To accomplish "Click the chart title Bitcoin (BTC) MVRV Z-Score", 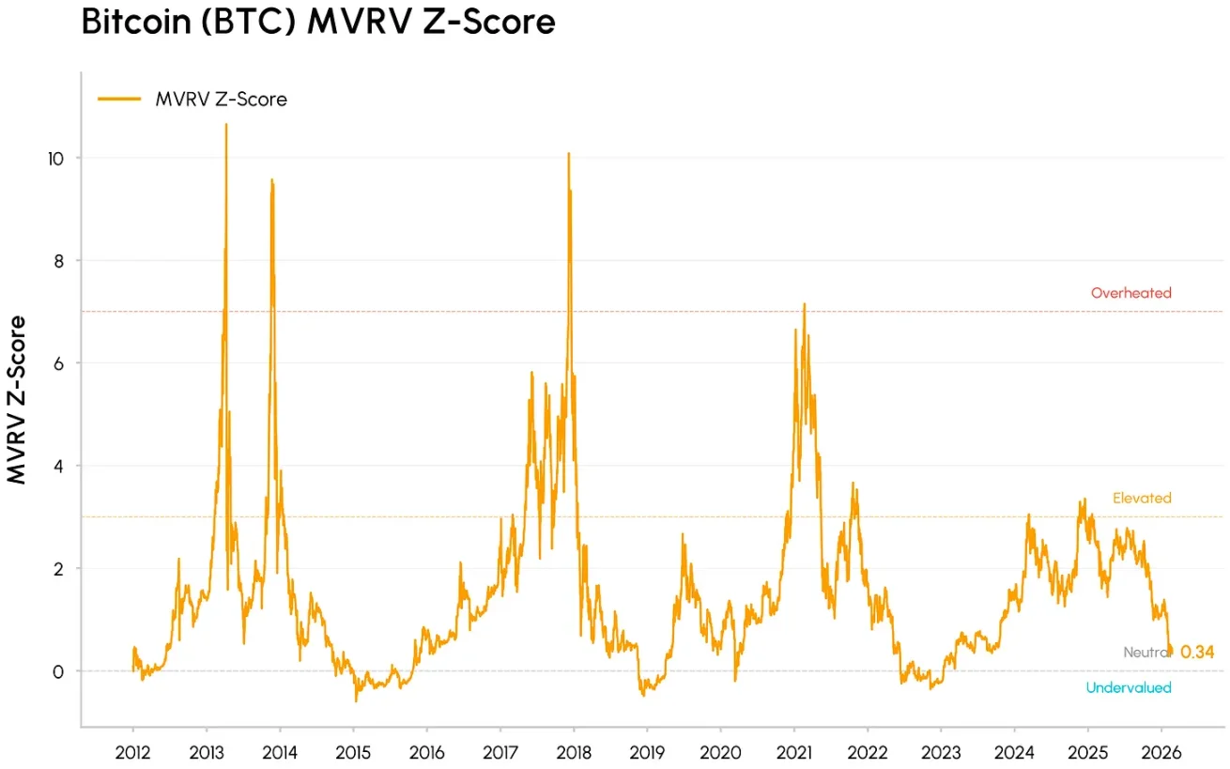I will pyautogui.click(x=318, y=23).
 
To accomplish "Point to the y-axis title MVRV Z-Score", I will pyautogui.click(x=17, y=400).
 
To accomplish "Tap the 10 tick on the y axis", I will pyautogui.click(x=57, y=158).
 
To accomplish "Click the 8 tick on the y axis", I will pyautogui.click(x=60, y=260).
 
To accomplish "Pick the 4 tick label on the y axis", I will pyautogui.click(x=60, y=466).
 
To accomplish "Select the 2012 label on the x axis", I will pyautogui.click(x=132, y=753).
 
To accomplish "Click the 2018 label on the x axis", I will pyautogui.click(x=573, y=753).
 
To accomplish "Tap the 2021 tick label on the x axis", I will pyautogui.click(x=793, y=753).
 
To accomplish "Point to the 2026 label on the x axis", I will pyautogui.click(x=1161, y=753).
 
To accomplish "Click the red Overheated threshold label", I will pyautogui.click(x=1130, y=293).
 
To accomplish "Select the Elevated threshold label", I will pyautogui.click(x=1142, y=498).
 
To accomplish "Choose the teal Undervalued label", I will pyautogui.click(x=1129, y=687).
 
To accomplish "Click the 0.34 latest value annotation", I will pyautogui.click(x=1197, y=652).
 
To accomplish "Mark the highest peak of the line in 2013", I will pyautogui.click(x=225, y=125).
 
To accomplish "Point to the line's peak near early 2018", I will pyautogui.click(x=568, y=153).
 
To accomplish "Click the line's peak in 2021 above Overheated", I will pyautogui.click(x=804, y=304).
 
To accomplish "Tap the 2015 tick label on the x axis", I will pyautogui.click(x=353, y=753).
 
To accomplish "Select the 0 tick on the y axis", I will pyautogui.click(x=60, y=671).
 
